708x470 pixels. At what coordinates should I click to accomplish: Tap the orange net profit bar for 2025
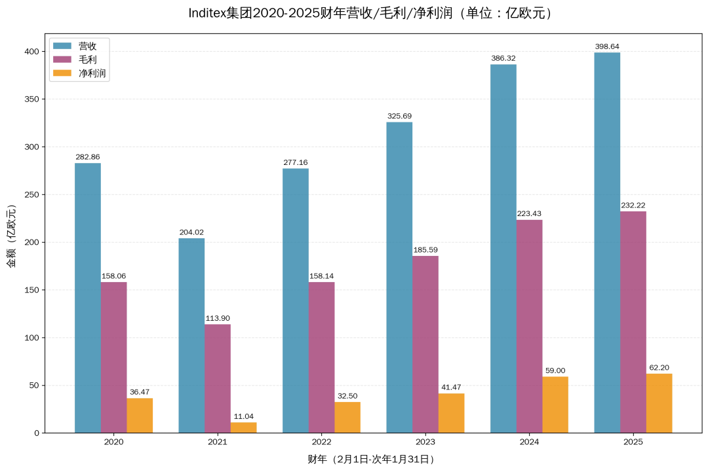(x=659, y=403)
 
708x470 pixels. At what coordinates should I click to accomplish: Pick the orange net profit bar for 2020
(x=140, y=416)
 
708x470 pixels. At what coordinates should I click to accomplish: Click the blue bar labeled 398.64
(x=607, y=242)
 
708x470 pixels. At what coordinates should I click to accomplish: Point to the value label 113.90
(x=217, y=318)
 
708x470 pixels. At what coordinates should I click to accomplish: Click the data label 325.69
(x=399, y=116)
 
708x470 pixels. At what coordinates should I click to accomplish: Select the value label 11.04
(x=243, y=416)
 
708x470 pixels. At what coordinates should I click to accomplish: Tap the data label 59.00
(x=555, y=371)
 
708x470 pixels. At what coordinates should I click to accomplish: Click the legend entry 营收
(x=88, y=46)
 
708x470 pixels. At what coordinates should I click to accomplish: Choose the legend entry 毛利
(x=88, y=60)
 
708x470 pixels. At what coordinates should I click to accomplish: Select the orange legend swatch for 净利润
(x=62, y=73)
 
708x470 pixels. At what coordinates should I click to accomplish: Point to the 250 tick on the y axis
(x=30, y=194)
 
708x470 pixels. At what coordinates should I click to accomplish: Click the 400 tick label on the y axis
(x=30, y=51)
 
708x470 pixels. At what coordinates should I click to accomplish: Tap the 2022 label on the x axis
(x=321, y=443)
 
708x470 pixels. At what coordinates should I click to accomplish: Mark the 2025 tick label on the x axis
(x=633, y=443)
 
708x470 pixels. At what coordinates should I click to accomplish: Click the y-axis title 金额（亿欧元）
(x=11, y=236)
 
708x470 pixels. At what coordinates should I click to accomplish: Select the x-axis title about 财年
(x=371, y=459)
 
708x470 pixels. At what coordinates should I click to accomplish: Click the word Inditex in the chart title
(x=208, y=13)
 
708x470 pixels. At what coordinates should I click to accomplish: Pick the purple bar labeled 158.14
(x=321, y=357)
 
